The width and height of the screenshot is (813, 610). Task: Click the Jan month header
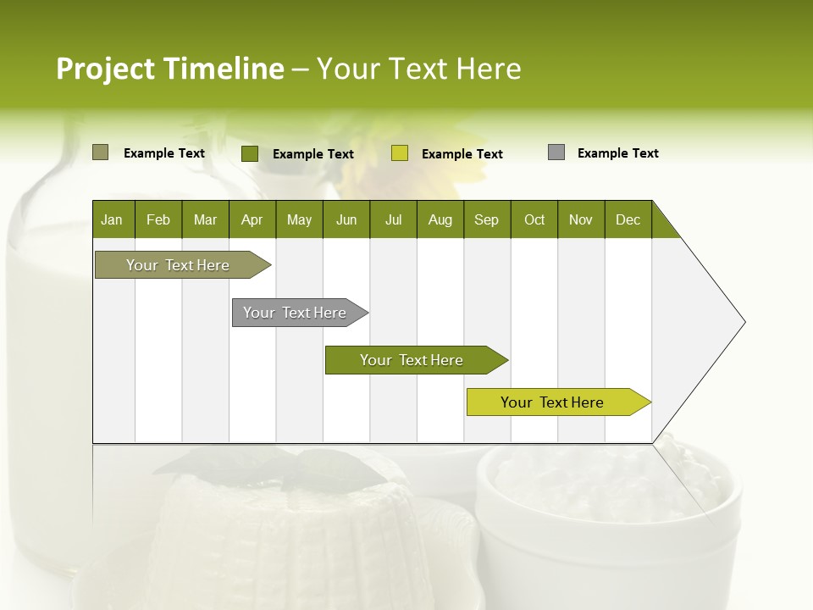pos(113,219)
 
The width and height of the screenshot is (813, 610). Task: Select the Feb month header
pos(158,219)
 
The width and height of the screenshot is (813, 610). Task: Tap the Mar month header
pos(205,219)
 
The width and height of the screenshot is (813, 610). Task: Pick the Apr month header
pos(252,219)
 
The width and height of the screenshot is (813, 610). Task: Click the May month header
pos(299,219)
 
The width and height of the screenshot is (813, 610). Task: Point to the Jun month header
pos(346,219)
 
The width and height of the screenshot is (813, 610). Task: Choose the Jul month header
pos(393,219)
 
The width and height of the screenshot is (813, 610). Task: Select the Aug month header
pos(440,219)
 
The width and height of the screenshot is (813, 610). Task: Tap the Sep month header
pos(487,219)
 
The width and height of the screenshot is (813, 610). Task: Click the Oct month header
pos(534,219)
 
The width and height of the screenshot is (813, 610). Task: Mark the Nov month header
pos(581,219)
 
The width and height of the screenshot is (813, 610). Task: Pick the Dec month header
pos(628,219)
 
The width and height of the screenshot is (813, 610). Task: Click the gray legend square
pos(556,152)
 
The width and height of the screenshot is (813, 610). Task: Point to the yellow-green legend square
pos(400,153)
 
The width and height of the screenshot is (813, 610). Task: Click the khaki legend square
pos(100,152)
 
